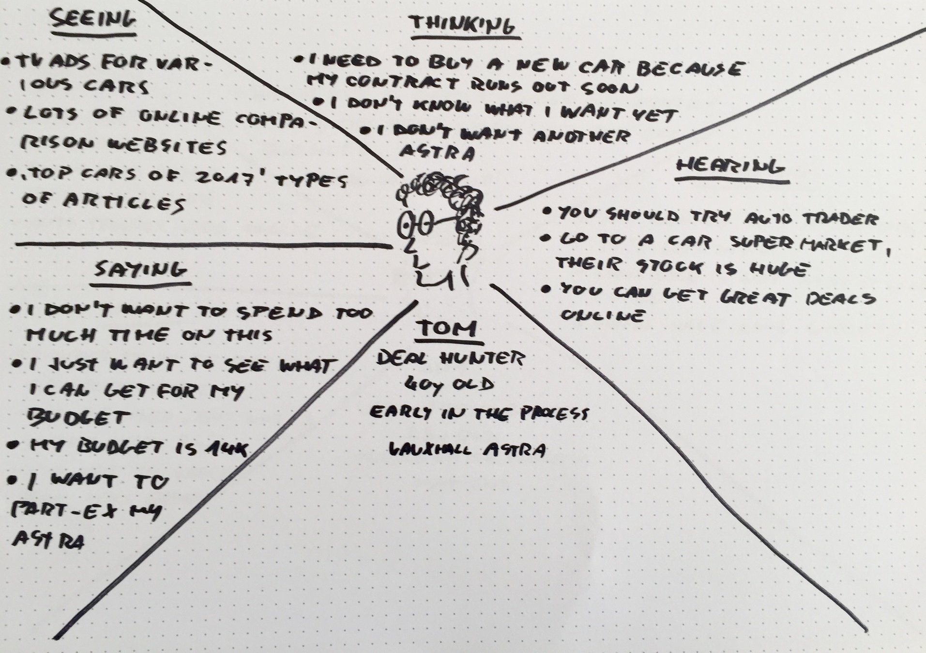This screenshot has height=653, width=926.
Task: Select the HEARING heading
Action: pos(730,167)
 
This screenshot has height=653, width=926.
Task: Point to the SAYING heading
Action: pos(141,269)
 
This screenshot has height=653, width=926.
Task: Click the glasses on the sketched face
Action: pos(417,224)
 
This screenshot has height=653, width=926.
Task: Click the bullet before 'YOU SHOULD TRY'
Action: pos(547,211)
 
